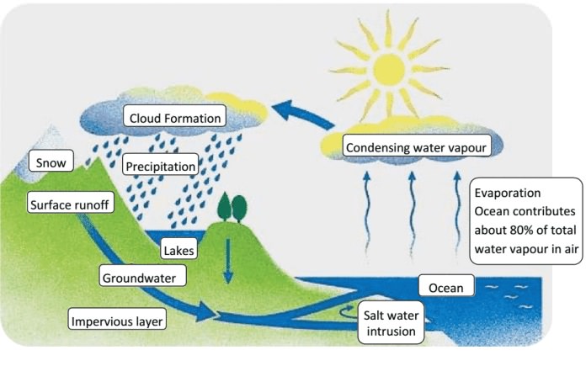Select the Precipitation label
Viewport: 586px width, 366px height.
pyautogui.click(x=160, y=165)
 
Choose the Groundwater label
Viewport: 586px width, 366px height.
pyautogui.click(x=144, y=276)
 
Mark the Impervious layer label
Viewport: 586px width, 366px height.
pyautogui.click(x=118, y=321)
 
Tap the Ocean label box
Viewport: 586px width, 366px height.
pyautogui.click(x=445, y=288)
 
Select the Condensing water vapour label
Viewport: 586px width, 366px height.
pyautogui.click(x=418, y=149)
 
